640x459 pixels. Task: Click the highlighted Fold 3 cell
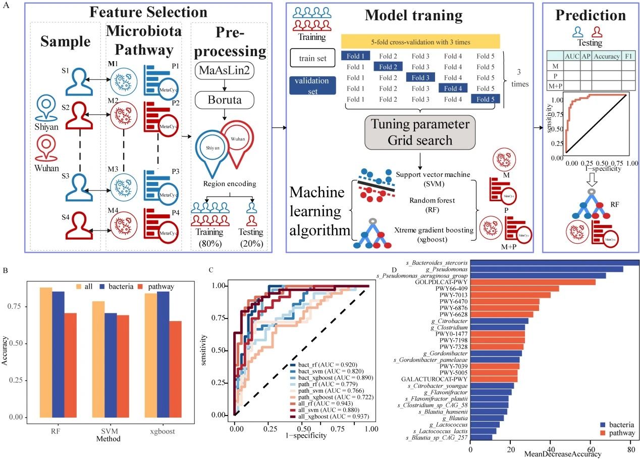(x=420, y=77)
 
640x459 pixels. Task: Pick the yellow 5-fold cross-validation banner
(x=420, y=41)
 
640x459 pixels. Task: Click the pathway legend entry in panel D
(x=620, y=433)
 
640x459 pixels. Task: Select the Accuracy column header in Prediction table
(x=606, y=56)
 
